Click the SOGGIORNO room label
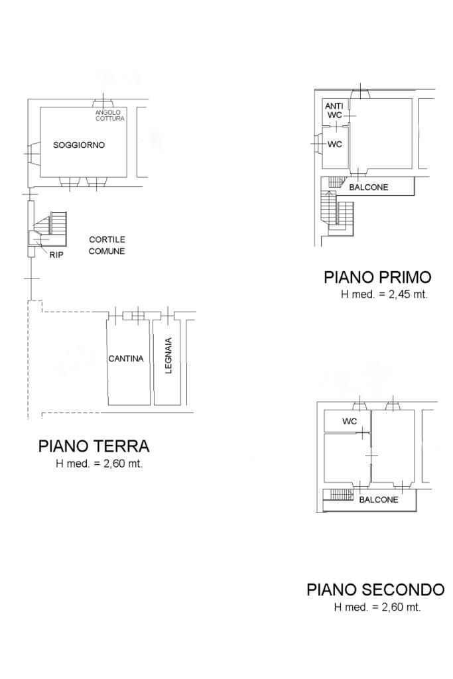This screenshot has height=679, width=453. (x=79, y=145)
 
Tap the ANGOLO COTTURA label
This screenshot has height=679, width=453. (x=110, y=115)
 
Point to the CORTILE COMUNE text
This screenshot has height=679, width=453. (x=107, y=245)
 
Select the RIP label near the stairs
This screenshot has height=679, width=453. (x=56, y=255)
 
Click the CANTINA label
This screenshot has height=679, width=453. (x=125, y=359)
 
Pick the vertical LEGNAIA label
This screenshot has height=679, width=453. (x=169, y=355)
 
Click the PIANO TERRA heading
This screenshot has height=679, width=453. (x=94, y=446)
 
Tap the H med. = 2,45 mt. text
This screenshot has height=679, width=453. (x=384, y=294)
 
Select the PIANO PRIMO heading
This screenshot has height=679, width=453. (x=377, y=277)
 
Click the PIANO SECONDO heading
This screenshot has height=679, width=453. (x=375, y=589)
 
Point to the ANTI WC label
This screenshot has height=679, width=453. (x=334, y=111)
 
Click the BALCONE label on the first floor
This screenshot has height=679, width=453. (x=369, y=188)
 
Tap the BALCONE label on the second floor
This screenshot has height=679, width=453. (x=379, y=500)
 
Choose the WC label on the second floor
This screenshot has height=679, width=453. (x=349, y=421)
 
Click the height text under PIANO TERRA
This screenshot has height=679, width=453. (x=99, y=463)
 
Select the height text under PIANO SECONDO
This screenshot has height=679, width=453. (x=377, y=607)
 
